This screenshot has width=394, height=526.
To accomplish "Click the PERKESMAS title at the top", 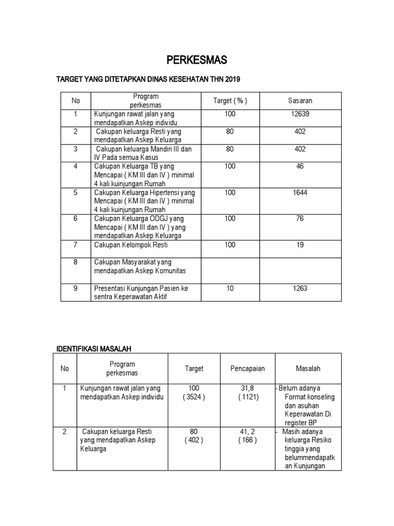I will click(x=197, y=61).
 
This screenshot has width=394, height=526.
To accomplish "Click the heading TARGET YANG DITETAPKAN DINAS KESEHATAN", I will click(x=148, y=80).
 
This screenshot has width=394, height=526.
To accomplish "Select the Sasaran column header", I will click(x=300, y=101).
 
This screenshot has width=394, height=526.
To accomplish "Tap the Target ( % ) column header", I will click(x=230, y=101).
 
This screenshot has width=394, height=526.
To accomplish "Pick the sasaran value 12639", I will click(x=300, y=114).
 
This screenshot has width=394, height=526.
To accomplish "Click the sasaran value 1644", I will click(x=300, y=192).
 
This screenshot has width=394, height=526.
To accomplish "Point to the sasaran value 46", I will click(x=300, y=166).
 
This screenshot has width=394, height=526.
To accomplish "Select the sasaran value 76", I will click(x=300, y=218).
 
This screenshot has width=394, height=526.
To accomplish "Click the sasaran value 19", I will click(x=300, y=245).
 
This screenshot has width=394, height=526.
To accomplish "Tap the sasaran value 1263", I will click(x=300, y=288).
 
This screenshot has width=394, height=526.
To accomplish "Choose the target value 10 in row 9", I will click(x=230, y=288).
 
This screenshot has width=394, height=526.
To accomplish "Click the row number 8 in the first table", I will click(x=75, y=262).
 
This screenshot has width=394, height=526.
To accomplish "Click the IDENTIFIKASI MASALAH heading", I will click(x=94, y=349).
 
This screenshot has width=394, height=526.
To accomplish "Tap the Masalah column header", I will click(x=308, y=368).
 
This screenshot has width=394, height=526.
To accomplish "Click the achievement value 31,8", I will click(x=248, y=388).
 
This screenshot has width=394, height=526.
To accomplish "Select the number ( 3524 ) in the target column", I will click(x=194, y=397).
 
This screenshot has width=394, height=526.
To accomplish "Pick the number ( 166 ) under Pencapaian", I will click(x=248, y=440).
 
